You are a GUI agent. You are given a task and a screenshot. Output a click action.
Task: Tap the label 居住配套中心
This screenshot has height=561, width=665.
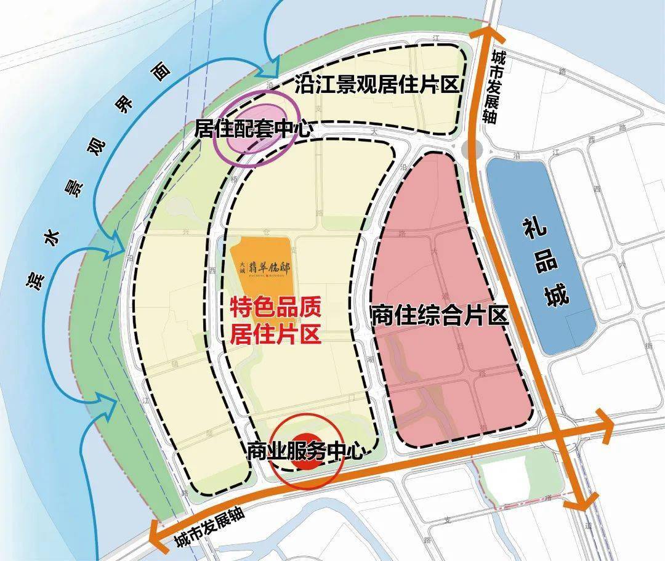tap(253, 129)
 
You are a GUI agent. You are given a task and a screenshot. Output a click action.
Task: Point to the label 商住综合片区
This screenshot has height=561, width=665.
tap(439, 315)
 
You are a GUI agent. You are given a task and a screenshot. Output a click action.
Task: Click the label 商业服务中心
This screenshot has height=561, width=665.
tap(304, 451)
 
